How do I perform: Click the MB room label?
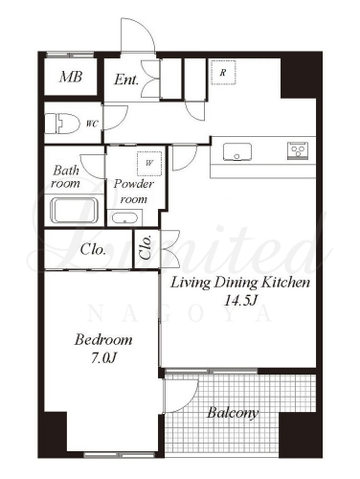click(x=71, y=77)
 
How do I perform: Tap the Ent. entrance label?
click(x=126, y=80)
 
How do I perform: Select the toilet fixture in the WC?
click(x=62, y=124)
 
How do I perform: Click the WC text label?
click(x=92, y=124)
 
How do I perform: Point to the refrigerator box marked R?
click(x=223, y=73)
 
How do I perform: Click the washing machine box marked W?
click(x=149, y=164)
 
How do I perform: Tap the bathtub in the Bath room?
click(x=74, y=211)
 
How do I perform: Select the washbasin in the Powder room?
click(x=124, y=217)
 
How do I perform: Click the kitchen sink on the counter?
click(x=237, y=152)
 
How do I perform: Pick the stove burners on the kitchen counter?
click(x=299, y=150)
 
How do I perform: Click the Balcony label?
click(x=233, y=413)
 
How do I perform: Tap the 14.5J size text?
click(x=240, y=300)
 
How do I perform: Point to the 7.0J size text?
click(x=103, y=358)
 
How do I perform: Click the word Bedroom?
click(x=103, y=339)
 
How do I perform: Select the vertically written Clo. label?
click(x=146, y=247)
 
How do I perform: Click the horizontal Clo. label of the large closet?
click(x=93, y=249)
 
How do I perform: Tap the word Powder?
click(x=134, y=184)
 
